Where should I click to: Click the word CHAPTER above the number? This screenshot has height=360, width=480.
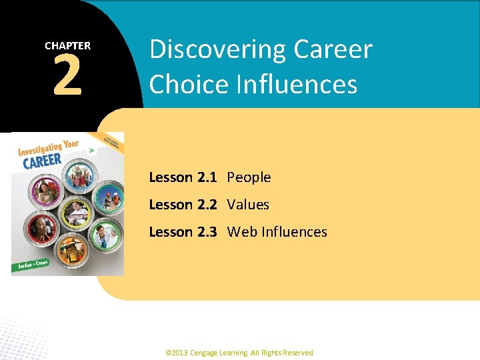(x=67, y=46)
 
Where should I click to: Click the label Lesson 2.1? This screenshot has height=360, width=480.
(x=182, y=177)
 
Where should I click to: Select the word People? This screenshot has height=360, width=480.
(x=249, y=177)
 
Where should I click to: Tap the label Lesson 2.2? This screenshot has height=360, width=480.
(x=182, y=205)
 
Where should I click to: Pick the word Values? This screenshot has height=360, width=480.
(x=248, y=205)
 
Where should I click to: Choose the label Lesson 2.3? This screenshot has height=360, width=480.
(x=182, y=232)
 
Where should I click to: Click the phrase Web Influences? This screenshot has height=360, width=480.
(x=277, y=232)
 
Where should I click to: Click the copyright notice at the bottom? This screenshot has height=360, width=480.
(x=239, y=353)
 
